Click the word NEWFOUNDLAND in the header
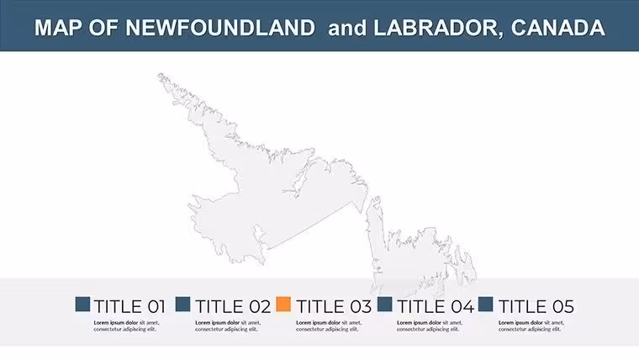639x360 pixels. [220, 28]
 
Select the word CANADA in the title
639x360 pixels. [558, 28]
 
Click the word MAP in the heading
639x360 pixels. [58, 28]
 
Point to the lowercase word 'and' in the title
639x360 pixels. [347, 28]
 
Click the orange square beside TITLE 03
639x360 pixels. [283, 304]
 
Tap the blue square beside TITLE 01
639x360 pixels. [82, 304]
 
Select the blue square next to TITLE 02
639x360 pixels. [183, 304]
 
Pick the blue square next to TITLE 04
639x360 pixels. [385, 304]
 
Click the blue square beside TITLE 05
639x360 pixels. [485, 304]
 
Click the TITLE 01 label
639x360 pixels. [129, 307]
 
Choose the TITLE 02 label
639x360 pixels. [233, 307]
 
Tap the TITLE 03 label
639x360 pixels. [334, 307]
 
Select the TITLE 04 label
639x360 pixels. [436, 307]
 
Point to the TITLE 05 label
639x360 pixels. [536, 307]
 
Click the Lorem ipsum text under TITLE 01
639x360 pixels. [126, 326]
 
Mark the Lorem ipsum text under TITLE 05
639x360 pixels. [531, 326]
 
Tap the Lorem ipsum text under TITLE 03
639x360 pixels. [329, 326]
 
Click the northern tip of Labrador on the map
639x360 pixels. [160, 75]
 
